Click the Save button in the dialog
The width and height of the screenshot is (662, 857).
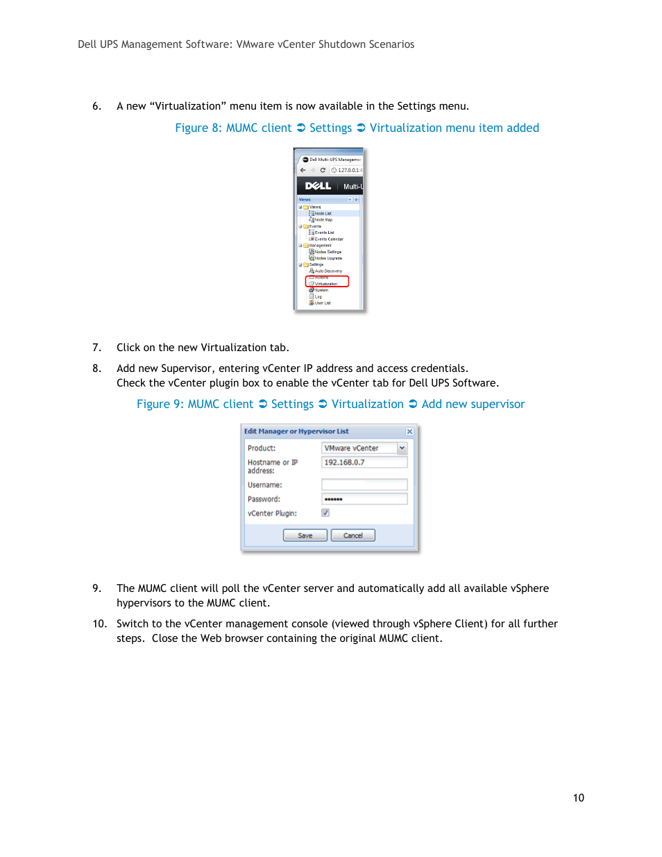(x=305, y=535)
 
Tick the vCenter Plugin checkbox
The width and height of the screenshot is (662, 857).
(x=325, y=513)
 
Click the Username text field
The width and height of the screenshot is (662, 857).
(x=364, y=484)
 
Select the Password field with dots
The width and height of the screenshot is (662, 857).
(x=364, y=499)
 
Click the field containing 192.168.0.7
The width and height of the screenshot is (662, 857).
(x=364, y=462)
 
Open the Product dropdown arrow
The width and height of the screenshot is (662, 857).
(x=402, y=448)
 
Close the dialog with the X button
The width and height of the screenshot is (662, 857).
(x=409, y=432)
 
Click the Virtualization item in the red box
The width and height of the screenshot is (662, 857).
(x=325, y=283)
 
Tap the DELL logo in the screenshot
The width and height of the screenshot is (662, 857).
(x=318, y=186)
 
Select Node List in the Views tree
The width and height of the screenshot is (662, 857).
(x=323, y=213)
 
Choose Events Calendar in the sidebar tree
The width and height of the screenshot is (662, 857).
(x=329, y=239)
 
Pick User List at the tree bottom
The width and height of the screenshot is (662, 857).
(x=323, y=303)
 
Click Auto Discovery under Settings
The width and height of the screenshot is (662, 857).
(x=328, y=271)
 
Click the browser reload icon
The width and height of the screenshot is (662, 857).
(x=323, y=170)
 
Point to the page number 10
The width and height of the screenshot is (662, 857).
(x=578, y=798)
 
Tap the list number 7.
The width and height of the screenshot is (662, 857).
(x=96, y=348)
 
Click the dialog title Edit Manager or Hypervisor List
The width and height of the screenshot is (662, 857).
(x=296, y=432)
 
